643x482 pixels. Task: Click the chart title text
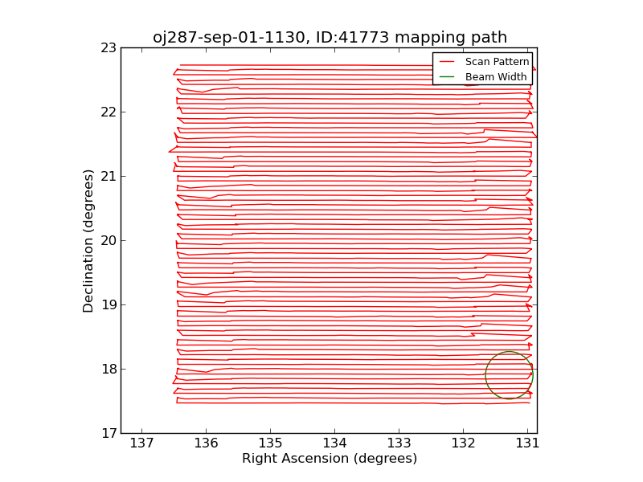(330, 38)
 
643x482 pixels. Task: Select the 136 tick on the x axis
(206, 443)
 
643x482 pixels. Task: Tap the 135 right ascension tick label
(270, 443)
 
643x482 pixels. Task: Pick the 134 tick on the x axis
(334, 443)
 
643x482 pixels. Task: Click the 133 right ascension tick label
(399, 443)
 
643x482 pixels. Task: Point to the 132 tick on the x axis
(463, 443)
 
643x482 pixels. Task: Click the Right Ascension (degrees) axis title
(330, 459)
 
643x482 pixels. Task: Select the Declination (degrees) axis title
(88, 240)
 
